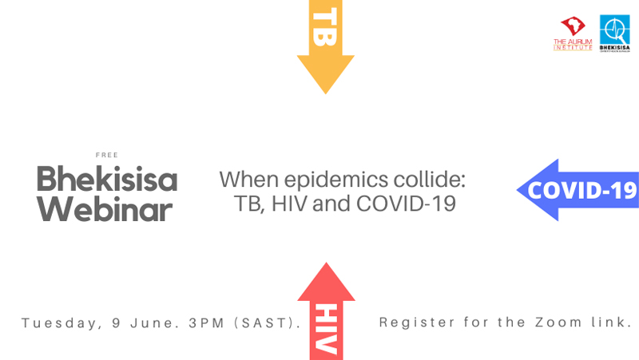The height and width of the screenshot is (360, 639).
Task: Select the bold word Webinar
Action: tap(105, 209)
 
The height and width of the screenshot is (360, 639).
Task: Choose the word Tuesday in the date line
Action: tap(57, 323)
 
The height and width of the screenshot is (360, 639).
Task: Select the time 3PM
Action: tap(208, 323)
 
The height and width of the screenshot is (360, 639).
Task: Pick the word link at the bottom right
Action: tap(611, 323)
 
